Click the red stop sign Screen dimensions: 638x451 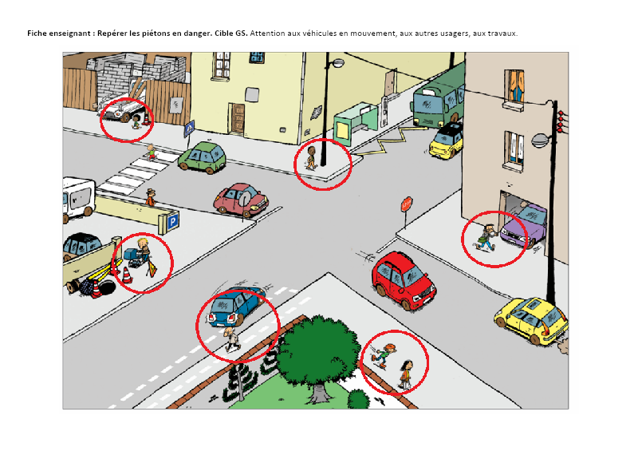click(407, 204)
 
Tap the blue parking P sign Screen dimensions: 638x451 click(173, 222)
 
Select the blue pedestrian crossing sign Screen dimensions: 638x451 click(189, 129)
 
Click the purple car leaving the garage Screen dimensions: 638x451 click(524, 225)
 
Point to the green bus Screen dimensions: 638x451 click(439, 101)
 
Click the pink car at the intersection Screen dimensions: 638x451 click(241, 200)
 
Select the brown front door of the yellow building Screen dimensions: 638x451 click(236, 119)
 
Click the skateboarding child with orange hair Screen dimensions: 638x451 click(383, 354)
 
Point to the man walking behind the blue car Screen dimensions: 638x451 click(231, 338)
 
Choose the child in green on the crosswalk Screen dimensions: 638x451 click(152, 152)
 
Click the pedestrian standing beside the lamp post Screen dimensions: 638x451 click(311, 158)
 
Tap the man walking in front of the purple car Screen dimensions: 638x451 click(486, 237)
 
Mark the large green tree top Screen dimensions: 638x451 click(318, 350)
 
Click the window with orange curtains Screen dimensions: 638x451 click(514, 86)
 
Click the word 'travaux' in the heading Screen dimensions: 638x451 click(505, 34)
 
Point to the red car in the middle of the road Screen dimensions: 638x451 click(403, 281)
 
